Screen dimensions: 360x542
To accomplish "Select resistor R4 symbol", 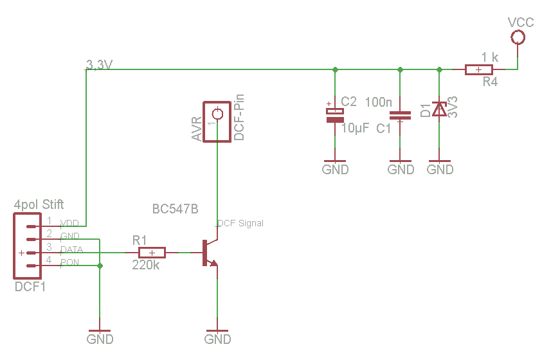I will click(479, 69).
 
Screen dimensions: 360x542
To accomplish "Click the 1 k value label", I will click(489, 57).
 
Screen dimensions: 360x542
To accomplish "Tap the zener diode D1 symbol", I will click(439, 109).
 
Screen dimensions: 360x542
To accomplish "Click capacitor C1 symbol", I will click(401, 116).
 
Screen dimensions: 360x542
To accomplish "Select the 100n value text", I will click(379, 102).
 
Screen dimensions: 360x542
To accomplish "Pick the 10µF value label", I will click(355, 128).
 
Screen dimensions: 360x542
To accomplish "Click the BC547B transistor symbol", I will click(209, 253).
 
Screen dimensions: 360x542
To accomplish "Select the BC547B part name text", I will click(175, 210).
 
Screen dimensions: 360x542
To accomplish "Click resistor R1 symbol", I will click(152, 253).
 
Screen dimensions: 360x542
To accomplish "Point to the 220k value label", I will click(146, 265).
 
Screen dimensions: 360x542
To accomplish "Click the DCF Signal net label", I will click(240, 224).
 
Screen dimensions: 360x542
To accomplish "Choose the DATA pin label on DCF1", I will click(71, 249).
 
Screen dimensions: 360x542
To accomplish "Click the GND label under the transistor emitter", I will click(218, 339).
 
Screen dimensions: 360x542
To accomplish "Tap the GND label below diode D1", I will click(440, 170).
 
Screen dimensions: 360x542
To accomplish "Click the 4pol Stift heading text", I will click(39, 205).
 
